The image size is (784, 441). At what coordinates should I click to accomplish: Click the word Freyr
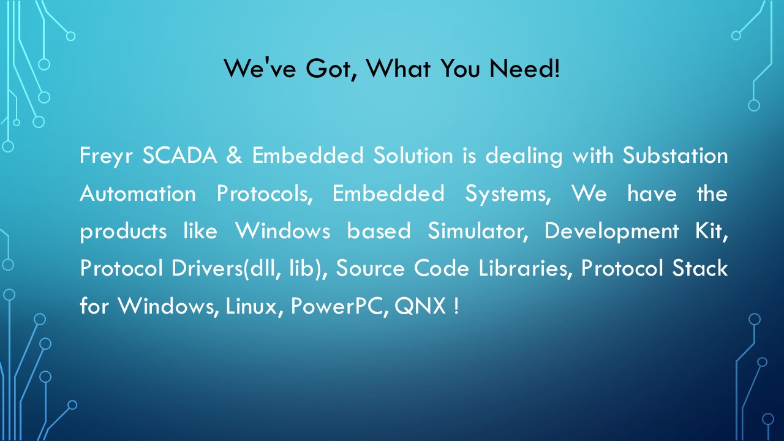[106, 156]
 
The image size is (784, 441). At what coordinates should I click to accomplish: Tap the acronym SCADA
[179, 156]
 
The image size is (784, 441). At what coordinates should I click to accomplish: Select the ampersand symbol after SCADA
[234, 156]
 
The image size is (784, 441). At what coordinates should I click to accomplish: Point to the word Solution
[413, 155]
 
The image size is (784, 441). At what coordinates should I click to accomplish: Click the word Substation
[675, 155]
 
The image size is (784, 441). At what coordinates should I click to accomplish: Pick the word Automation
[138, 193]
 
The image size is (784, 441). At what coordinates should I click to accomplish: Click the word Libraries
[526, 269]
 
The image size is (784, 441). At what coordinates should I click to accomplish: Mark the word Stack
[700, 268]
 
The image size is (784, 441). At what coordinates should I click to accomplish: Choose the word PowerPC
[339, 306]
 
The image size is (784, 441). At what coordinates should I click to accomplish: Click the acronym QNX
[420, 306]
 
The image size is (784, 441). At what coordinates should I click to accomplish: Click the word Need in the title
[524, 68]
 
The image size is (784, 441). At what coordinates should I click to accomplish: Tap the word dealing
[524, 156]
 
